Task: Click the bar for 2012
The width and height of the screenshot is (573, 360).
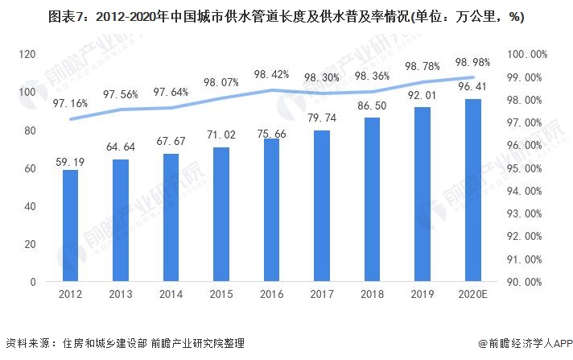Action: pos(71,226)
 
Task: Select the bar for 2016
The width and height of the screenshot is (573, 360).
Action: pos(272,210)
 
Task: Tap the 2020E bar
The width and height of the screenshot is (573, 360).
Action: pos(473,191)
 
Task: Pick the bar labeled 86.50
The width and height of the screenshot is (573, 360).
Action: pos(373,201)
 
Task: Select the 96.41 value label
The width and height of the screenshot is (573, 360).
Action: pos(473,87)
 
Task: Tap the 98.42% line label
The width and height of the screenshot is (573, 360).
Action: pos(272,75)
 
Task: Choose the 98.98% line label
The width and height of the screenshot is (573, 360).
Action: pos(473,62)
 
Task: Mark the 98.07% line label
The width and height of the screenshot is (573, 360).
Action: pos(222,82)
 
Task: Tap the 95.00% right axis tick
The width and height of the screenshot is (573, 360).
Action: pos(532,168)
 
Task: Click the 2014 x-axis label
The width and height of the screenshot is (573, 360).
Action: pos(171,296)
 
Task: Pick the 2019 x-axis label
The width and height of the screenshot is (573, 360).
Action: pos(423,296)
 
